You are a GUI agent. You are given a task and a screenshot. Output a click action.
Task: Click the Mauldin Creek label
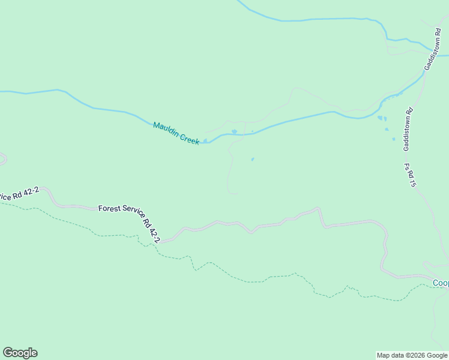point(176,133)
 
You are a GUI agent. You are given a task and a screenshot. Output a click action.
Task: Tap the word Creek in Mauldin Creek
point(187,138)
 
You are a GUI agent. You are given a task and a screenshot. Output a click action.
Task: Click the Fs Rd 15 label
point(410,175)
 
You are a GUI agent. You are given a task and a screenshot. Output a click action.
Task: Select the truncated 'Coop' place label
point(441,283)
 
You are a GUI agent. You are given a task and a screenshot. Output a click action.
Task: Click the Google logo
point(20,353)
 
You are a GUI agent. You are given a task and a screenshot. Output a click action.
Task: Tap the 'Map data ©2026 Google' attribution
point(412,355)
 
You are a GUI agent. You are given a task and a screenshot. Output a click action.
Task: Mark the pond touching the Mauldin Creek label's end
point(206,142)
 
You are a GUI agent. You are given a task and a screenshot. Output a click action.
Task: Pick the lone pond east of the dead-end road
point(252,159)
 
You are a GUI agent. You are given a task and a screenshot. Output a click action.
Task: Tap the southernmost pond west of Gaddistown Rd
point(394,139)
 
